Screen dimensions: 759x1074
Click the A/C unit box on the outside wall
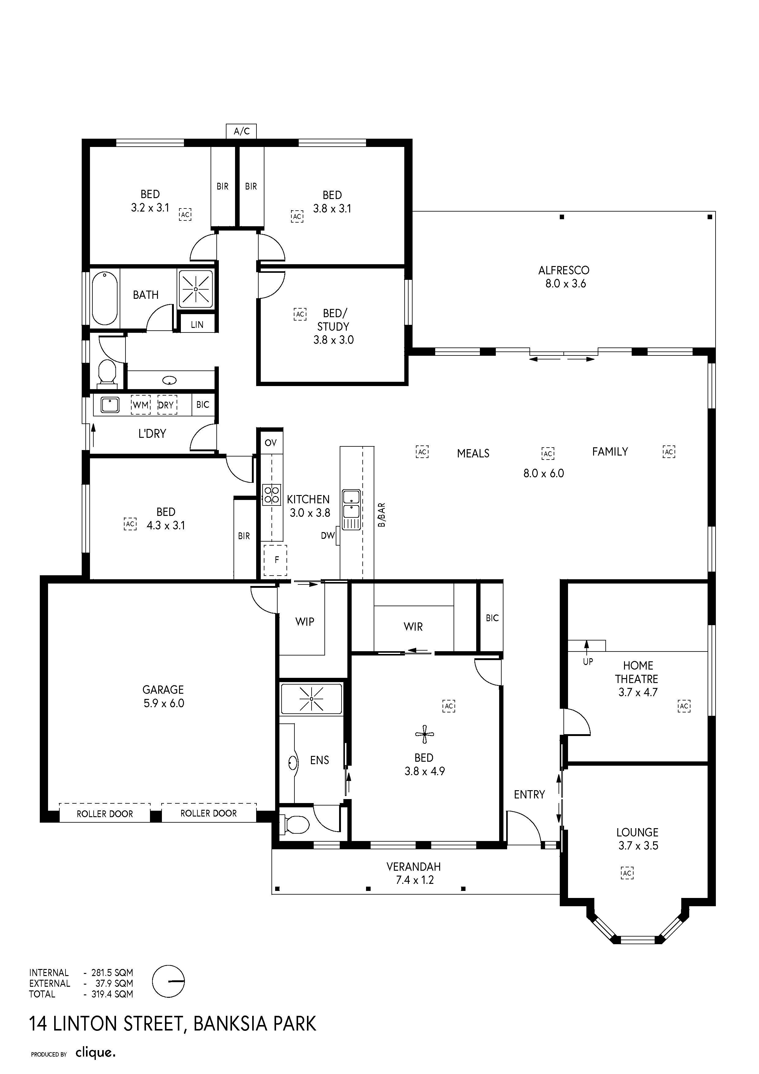[x=241, y=131]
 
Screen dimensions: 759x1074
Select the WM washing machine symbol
[x=141, y=405]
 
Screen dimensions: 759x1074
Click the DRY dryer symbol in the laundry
[x=166, y=405]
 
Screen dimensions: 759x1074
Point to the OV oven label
[x=271, y=442]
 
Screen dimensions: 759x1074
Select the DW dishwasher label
[x=328, y=535]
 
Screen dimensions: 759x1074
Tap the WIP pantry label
[x=305, y=622]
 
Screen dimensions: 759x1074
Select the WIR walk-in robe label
[x=413, y=627]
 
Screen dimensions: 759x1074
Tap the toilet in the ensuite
[x=295, y=825]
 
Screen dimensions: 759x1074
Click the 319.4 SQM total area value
[x=112, y=994]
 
